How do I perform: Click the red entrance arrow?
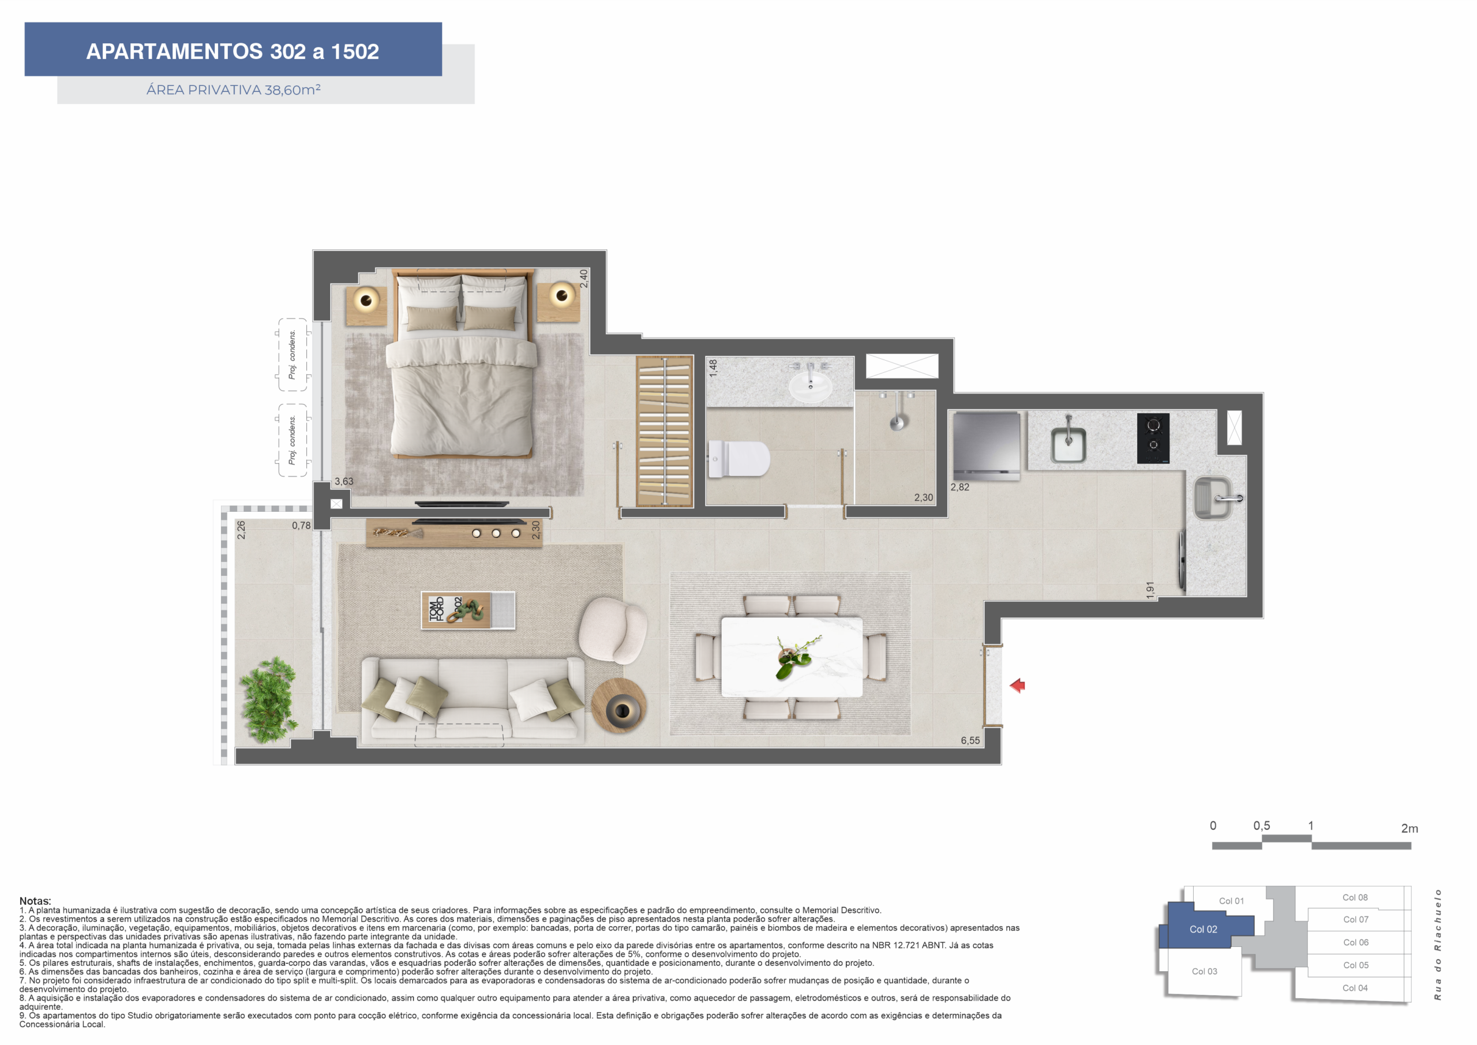[1018, 686]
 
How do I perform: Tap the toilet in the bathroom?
[738, 459]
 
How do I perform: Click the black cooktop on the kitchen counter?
[1153, 438]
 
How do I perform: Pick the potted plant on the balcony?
[269, 700]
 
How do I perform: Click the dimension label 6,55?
[970, 741]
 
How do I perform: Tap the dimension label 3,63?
[343, 481]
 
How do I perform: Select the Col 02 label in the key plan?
[1203, 929]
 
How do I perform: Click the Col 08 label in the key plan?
[1355, 898]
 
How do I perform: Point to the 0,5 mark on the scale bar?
[1261, 826]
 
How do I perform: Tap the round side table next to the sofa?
[619, 706]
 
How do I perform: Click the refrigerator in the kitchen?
[986, 446]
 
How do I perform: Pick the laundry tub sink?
[1213, 498]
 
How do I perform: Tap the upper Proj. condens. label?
[292, 354]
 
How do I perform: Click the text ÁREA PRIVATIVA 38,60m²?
[234, 89]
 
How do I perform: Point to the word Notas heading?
[35, 901]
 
